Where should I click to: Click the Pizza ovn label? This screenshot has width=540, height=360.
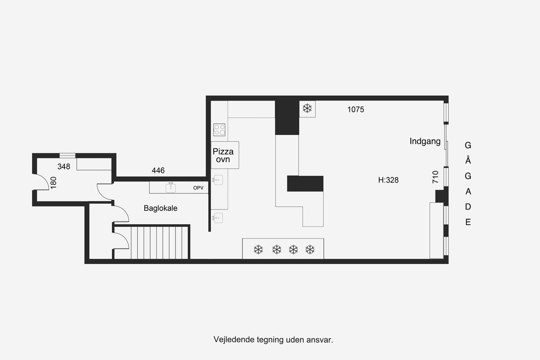tap(223, 155)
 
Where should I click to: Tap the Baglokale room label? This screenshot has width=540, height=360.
tap(160, 208)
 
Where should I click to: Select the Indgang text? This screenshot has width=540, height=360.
tap(425, 141)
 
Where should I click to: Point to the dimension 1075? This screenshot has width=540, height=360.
tap(356, 110)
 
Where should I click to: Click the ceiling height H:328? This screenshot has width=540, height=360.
tap(388, 180)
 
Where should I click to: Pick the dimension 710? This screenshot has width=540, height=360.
tap(435, 177)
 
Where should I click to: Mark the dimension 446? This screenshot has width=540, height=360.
tap(158, 171)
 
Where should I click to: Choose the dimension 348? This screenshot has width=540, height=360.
tap(64, 166)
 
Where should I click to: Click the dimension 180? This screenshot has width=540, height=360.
tap(53, 183)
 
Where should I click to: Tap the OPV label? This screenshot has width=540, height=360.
tap(198, 188)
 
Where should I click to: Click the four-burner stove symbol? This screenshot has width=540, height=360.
tap(219, 130)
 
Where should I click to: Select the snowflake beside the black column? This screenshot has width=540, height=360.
tap(307, 108)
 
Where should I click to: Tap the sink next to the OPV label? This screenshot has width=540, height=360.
tap(170, 188)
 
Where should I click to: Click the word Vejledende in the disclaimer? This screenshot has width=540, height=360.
tap(234, 340)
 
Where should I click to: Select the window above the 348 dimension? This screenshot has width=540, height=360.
tap(67, 155)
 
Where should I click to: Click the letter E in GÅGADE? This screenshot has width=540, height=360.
tap(468, 222)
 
